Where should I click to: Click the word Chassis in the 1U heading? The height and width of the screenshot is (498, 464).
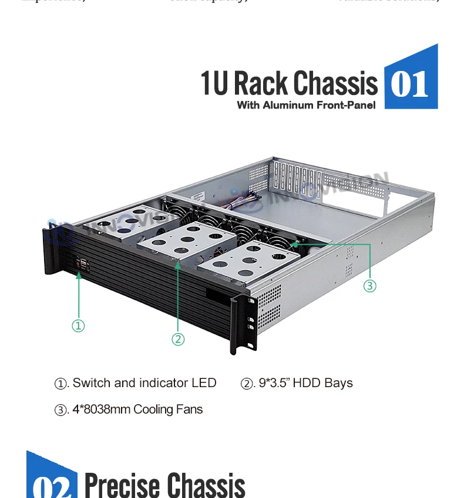[335, 83]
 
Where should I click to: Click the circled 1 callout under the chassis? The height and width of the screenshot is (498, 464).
[78, 326]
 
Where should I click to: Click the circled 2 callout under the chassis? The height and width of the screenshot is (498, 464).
[178, 339]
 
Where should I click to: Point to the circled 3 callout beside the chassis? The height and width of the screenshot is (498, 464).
[369, 286]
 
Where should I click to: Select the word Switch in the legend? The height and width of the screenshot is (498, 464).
[91, 383]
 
